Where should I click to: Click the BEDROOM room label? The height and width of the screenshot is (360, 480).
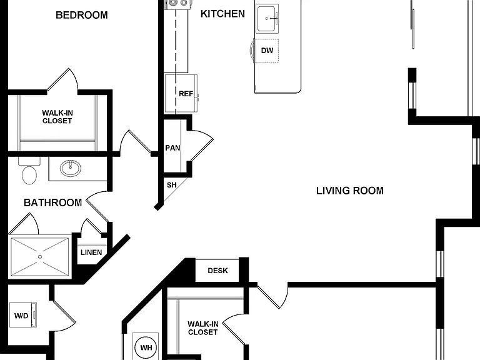click(x=82, y=15)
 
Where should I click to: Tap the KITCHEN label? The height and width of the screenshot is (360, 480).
click(x=222, y=14)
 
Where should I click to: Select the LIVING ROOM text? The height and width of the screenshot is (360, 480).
click(x=350, y=191)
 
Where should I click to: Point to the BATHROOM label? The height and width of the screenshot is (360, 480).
click(x=52, y=202)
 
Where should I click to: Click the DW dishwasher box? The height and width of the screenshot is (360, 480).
click(x=266, y=51)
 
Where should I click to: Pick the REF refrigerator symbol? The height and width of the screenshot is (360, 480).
click(x=181, y=93)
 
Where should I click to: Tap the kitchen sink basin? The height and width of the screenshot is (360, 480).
click(x=267, y=18)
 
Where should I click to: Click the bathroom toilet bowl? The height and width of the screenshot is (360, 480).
click(x=29, y=175)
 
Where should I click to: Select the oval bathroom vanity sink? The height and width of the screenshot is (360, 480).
click(x=71, y=167)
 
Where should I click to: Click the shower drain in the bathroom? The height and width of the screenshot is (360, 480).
click(x=40, y=257)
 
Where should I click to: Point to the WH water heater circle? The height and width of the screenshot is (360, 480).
click(x=146, y=347)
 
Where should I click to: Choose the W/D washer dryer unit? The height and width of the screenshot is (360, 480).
click(x=23, y=315)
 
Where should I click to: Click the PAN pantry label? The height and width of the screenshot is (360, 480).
click(x=172, y=148)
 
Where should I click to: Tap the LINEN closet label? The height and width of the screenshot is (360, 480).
click(x=91, y=252)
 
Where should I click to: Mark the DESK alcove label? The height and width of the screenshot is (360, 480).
click(x=217, y=271)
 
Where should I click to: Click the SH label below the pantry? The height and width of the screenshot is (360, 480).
click(x=172, y=185)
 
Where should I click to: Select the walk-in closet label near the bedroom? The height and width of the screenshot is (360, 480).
click(x=57, y=117)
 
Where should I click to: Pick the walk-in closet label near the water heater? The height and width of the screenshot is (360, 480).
click(x=203, y=328)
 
